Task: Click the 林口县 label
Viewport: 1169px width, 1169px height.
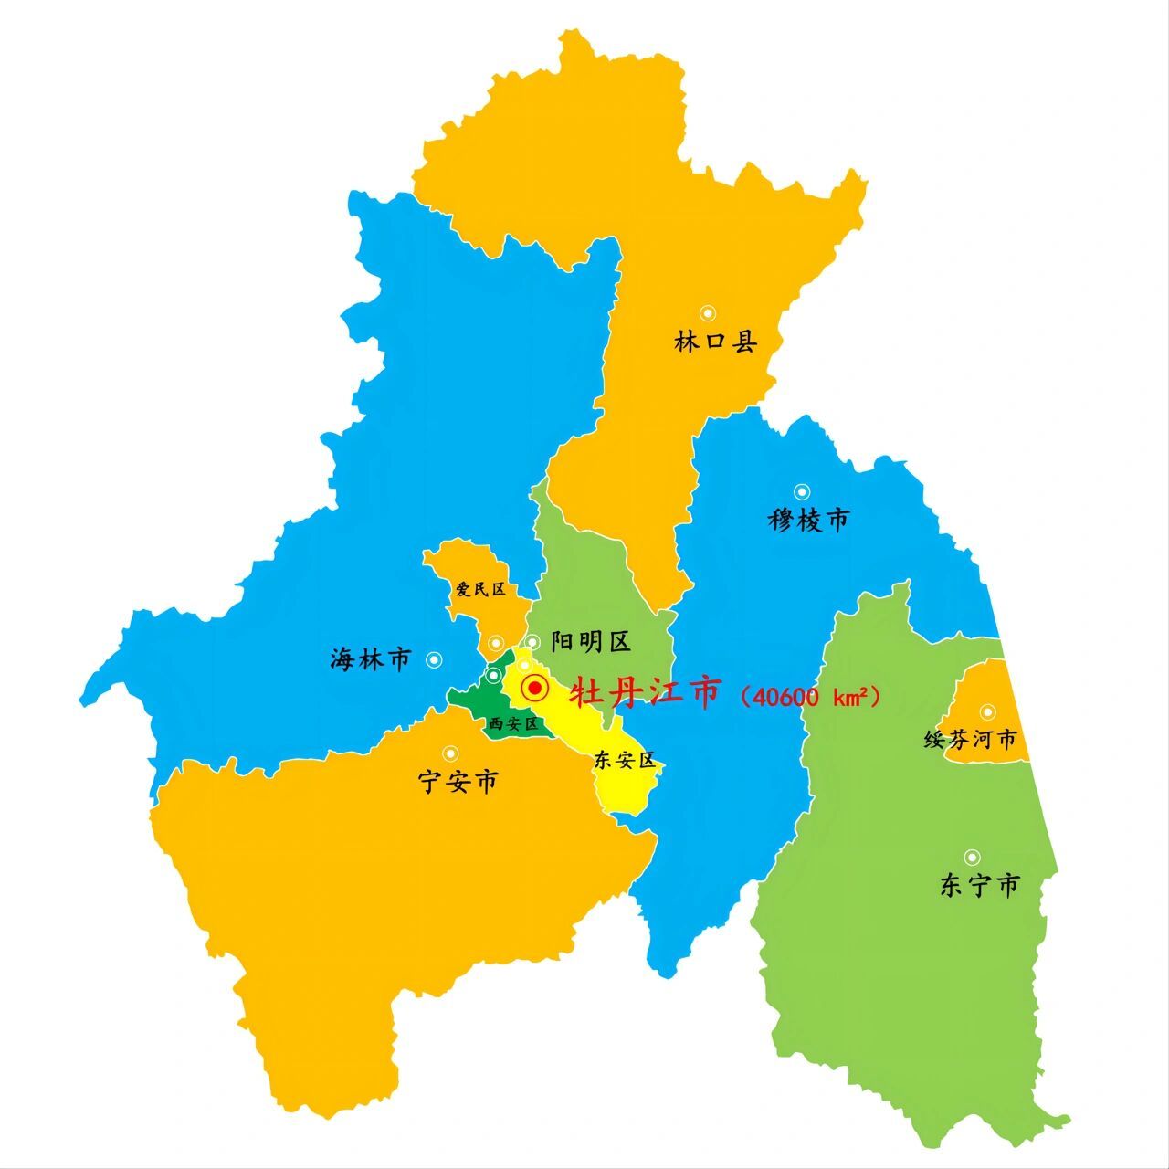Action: (716, 342)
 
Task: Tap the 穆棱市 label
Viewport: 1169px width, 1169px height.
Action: (808, 520)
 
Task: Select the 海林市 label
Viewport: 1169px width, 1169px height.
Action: (371, 658)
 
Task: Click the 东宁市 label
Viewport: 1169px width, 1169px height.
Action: (979, 885)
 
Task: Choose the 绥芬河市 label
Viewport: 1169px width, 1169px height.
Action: (970, 739)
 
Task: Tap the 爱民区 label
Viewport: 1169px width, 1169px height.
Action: (480, 590)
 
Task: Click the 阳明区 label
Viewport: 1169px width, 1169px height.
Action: (591, 642)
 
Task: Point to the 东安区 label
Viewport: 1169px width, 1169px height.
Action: (625, 760)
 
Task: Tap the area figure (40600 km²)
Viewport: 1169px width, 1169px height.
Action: (811, 698)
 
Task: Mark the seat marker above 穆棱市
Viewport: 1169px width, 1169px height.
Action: (802, 491)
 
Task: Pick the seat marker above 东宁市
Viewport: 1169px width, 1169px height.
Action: (973, 857)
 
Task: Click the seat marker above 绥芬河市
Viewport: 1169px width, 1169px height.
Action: (987, 711)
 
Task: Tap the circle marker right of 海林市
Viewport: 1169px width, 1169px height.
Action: (434, 658)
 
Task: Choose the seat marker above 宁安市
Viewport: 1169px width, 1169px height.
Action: (450, 753)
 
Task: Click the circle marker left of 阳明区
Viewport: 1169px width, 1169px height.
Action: (532, 642)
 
